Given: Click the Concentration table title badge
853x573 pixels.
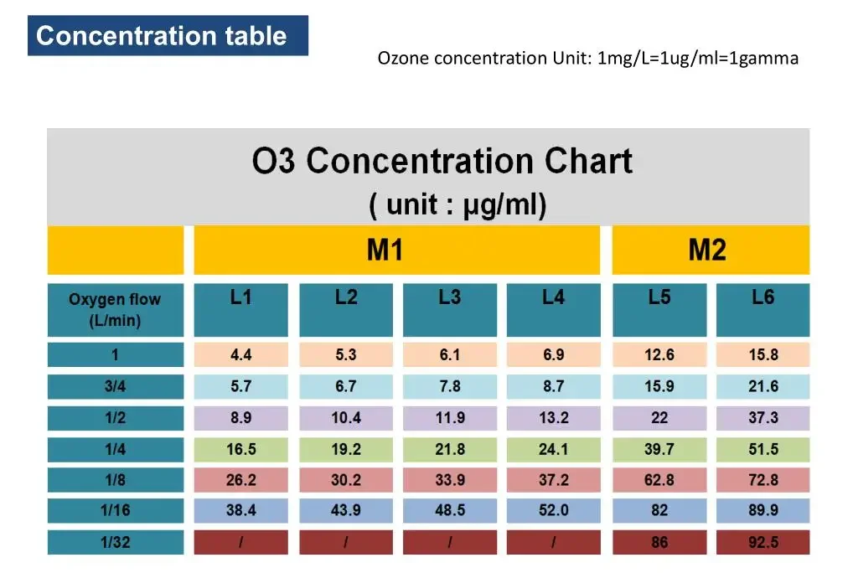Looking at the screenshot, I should (x=168, y=36).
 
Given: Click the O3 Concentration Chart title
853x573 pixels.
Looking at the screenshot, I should (x=442, y=161).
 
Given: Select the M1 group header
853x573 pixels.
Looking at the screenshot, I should (x=396, y=250).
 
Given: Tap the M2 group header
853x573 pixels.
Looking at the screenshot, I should (x=711, y=250).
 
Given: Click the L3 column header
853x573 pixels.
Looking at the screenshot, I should (x=450, y=309).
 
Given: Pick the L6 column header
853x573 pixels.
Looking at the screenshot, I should (x=763, y=309).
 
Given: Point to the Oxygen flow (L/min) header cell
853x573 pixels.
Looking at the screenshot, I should (x=115, y=309).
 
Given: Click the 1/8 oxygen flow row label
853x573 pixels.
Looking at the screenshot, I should (x=115, y=480).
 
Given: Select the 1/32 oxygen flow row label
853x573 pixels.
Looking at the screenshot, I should (x=115, y=542).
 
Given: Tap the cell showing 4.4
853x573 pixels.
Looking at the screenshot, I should (x=241, y=354).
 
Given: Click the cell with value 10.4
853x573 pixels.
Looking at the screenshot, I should (x=346, y=417).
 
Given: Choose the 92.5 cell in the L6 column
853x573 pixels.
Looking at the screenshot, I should (x=763, y=542).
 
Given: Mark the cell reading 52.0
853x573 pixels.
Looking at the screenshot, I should (x=553, y=511).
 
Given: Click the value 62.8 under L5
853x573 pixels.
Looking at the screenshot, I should (x=659, y=480).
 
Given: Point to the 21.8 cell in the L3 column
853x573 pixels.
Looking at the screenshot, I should (x=450, y=449).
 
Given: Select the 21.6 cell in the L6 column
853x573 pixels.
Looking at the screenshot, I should (x=763, y=386).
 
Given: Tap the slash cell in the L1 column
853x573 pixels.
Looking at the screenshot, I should (x=241, y=542).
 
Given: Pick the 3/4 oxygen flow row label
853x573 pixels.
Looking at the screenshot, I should (x=115, y=386).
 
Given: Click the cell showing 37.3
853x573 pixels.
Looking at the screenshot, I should (x=763, y=417).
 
